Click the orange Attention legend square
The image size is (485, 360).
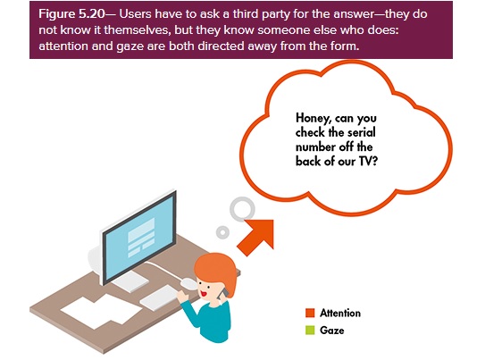(x=310, y=313)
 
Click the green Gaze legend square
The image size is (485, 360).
(x=310, y=330)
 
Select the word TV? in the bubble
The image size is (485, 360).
(x=369, y=161)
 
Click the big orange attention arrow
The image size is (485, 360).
(x=255, y=237)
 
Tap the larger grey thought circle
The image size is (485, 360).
(x=242, y=209)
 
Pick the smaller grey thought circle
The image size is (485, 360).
(x=222, y=232)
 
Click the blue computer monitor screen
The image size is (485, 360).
(x=140, y=237)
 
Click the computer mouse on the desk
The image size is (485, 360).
(x=188, y=283)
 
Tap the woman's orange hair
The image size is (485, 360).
(x=216, y=270)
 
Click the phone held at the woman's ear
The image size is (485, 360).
(x=222, y=294)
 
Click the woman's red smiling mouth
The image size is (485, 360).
(x=204, y=293)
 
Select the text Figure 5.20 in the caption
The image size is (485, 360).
(x=71, y=14)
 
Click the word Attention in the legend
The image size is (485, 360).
(x=340, y=313)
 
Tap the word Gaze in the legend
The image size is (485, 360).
(x=332, y=331)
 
